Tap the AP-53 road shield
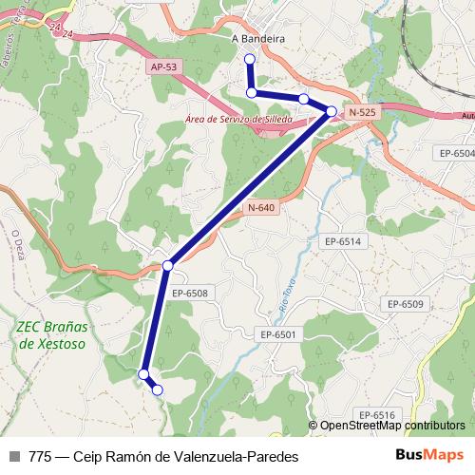(x=163, y=66)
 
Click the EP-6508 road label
(x=190, y=294)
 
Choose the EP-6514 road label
(x=342, y=242)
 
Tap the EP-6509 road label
(x=405, y=303)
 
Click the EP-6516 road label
(x=376, y=415)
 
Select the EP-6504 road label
(x=457, y=153)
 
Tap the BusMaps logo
(x=429, y=455)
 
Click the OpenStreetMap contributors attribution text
(x=392, y=426)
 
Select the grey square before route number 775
(x=14, y=456)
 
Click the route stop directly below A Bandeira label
(x=250, y=59)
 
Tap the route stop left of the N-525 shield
(x=331, y=112)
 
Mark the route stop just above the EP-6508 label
(x=167, y=264)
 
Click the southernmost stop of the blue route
(x=157, y=389)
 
